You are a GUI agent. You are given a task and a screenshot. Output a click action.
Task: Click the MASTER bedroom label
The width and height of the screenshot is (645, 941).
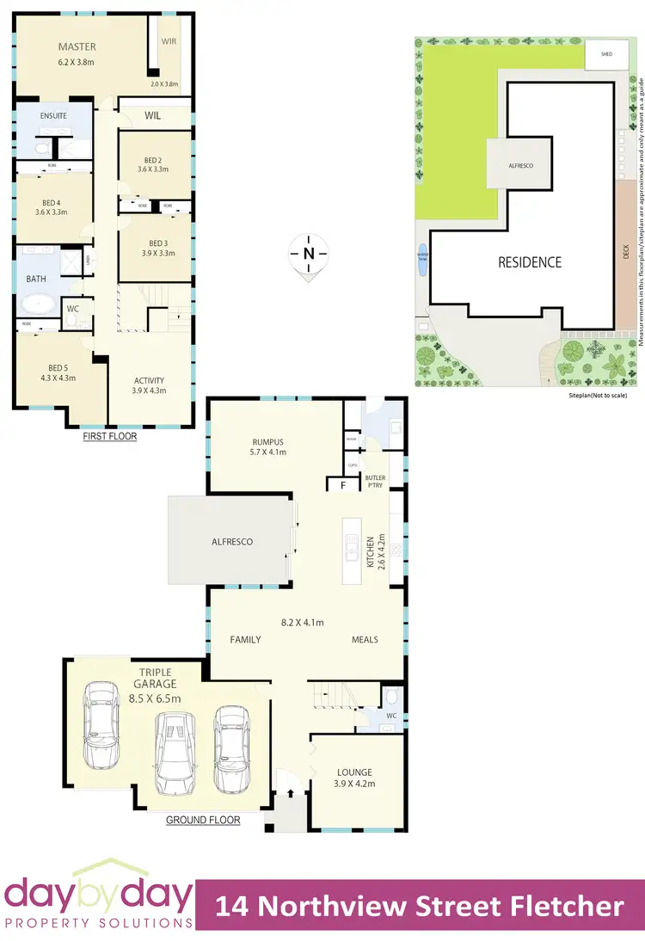coord(77,46)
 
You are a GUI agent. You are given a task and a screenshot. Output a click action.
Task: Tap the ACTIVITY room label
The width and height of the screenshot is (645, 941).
coord(149,380)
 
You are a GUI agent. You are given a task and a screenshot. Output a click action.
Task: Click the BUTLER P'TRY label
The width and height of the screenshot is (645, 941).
coord(375,481)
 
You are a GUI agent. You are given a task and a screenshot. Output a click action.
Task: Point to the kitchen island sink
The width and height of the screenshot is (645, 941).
coord(351,546)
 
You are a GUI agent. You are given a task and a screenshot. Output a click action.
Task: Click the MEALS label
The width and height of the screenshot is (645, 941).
coord(365,639)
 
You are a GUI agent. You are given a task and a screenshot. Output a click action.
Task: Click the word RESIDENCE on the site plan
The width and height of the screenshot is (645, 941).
coord(530,262)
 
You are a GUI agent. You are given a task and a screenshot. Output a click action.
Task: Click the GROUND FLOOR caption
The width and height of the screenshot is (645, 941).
coord(203,821)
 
